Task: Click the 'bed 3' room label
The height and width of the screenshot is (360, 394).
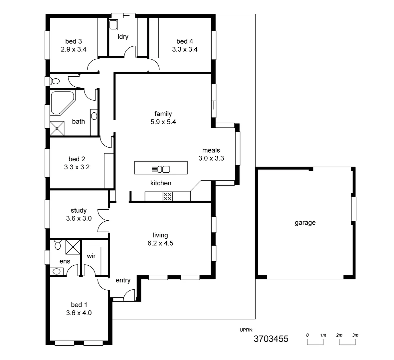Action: [x=74, y=41]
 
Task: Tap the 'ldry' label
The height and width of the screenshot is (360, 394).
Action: [x=123, y=37]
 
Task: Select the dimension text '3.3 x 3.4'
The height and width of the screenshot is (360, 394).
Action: [x=185, y=49]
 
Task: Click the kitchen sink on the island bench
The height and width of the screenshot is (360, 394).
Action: [x=163, y=169]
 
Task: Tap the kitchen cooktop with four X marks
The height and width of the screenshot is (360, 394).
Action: [x=168, y=196]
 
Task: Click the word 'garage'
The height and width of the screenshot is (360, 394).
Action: [x=305, y=223]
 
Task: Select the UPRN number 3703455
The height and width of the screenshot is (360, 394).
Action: [x=271, y=339]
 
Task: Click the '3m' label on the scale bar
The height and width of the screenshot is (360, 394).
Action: [x=355, y=335]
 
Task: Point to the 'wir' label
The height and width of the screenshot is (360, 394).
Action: [x=91, y=256]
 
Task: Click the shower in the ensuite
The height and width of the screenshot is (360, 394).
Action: [x=73, y=247]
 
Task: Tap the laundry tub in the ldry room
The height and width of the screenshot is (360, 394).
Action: [x=113, y=25]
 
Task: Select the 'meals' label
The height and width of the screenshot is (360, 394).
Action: [x=211, y=150]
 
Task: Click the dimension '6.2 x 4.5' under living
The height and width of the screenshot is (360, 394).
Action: [x=160, y=243]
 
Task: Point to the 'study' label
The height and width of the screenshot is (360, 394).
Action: [x=79, y=210]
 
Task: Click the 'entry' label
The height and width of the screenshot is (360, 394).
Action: [x=123, y=280]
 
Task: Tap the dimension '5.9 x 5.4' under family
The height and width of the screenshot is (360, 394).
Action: [x=163, y=122]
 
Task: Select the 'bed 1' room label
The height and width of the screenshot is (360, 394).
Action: [x=79, y=305]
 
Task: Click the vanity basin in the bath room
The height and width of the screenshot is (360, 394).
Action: [x=94, y=116]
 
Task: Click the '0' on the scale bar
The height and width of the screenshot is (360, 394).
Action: [x=307, y=335]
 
